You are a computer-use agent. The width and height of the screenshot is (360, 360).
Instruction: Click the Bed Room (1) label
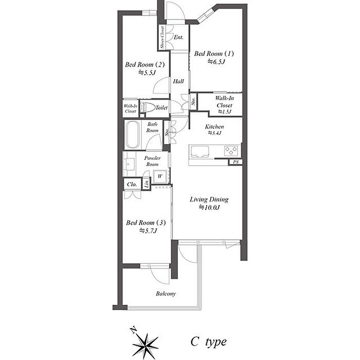coord(214,53)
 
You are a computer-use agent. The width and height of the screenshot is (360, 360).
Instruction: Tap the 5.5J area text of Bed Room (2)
coord(147,73)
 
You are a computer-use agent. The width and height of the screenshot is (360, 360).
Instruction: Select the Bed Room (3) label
coord(146,223)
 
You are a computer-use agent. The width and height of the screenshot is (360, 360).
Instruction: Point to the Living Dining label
coord(209,200)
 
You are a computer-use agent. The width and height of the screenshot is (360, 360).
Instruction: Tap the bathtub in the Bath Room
coord(133,135)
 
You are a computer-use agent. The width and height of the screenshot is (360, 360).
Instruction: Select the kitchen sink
coord(199,152)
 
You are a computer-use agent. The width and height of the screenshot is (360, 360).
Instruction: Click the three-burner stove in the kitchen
coord(231,150)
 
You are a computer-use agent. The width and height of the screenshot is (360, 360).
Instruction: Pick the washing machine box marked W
coord(160,176)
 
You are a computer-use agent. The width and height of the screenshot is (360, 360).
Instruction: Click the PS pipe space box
coord(236,162)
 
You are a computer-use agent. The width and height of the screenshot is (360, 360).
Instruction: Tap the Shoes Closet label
coord(163,38)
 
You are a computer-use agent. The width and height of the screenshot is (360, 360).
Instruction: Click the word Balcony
coord(166,294)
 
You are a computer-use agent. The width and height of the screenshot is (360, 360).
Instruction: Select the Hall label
coord(178,81)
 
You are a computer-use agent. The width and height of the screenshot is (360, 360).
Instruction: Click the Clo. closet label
coord(132,184)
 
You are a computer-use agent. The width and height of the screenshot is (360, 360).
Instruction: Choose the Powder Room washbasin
coord(129,165)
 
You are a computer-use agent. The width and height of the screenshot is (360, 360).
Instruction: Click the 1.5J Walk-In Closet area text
coord(224,112)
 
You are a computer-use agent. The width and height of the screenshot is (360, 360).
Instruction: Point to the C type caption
coord(208,342)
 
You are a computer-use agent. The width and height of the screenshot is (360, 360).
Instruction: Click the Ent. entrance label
coord(178,37)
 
